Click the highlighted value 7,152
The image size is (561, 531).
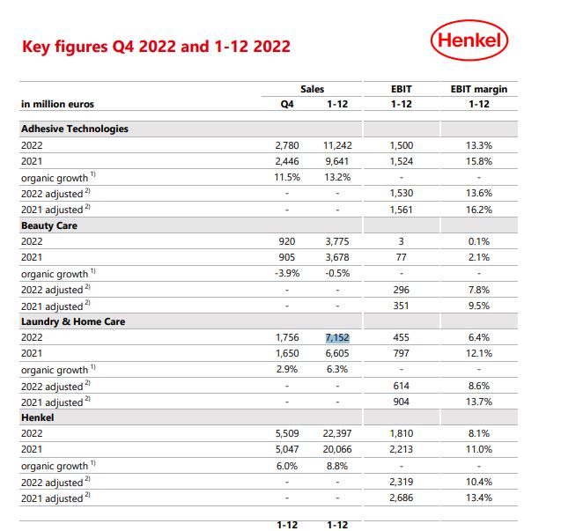pos(338,338)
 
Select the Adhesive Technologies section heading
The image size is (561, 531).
pos(75,129)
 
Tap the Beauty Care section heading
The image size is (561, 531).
pos(49,225)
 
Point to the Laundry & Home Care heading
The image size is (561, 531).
pos(73,321)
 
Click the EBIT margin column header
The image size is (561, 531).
pos(478,89)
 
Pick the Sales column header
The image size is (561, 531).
pos(312,89)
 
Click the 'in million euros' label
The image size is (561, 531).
pos(57,104)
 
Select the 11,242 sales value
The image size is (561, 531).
pos(338,144)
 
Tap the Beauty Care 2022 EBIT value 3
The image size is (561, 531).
pos(401,241)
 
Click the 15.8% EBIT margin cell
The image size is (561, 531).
pos(478,160)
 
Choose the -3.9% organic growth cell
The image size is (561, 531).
pos(287,273)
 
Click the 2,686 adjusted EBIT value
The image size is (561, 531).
pos(401,498)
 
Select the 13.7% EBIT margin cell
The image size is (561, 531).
pos(478,402)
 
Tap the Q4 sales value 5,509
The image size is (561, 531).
pos(287,434)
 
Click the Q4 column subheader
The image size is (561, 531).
pos(287,104)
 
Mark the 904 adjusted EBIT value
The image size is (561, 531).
pos(401,402)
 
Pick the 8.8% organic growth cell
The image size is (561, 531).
pos(338,466)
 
